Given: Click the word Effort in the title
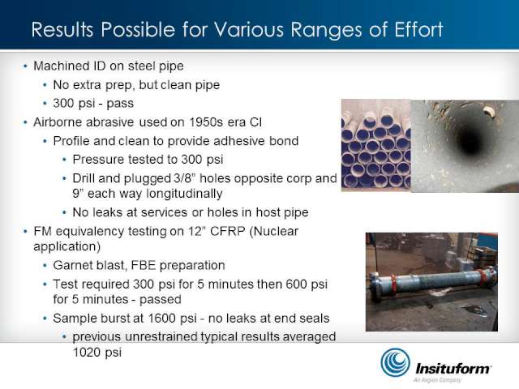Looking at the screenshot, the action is coord(418,30).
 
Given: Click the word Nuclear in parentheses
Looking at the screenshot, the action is coord(276,231).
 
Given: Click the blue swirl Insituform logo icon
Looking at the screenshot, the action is coord(395,362).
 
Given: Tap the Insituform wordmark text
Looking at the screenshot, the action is coord(453,368).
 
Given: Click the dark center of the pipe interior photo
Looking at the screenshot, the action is coord(470,143).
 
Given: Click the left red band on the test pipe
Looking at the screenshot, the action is coord(394,284).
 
